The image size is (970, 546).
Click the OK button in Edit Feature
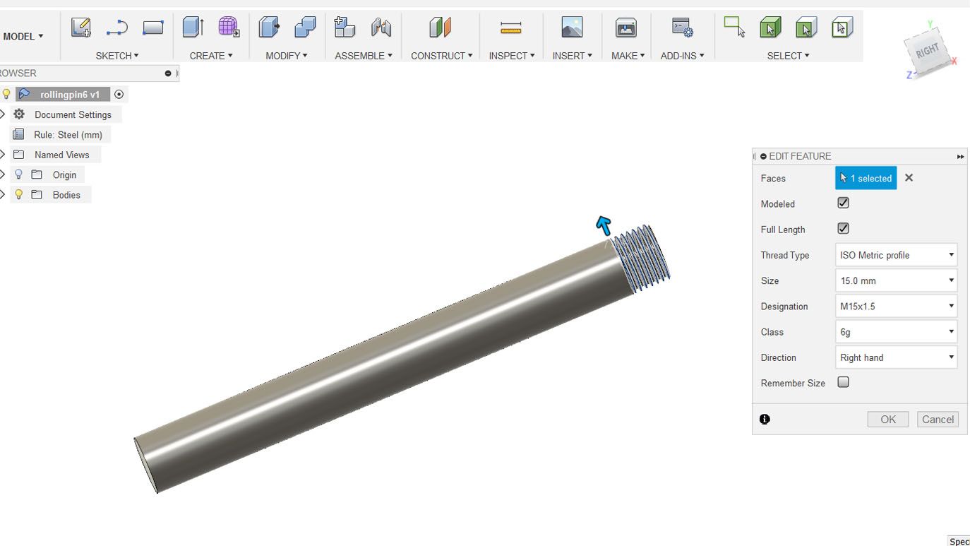point(887,419)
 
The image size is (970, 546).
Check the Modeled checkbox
point(843,203)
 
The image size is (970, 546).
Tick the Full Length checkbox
point(843,229)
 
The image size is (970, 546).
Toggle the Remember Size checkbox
point(843,382)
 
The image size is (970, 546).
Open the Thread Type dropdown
point(896,255)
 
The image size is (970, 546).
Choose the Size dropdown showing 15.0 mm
point(896,281)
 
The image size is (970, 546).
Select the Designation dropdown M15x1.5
point(896,307)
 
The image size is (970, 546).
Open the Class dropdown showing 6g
point(896,332)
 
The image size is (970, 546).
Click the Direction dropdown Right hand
point(896,357)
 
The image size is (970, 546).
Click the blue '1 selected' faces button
point(866,178)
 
